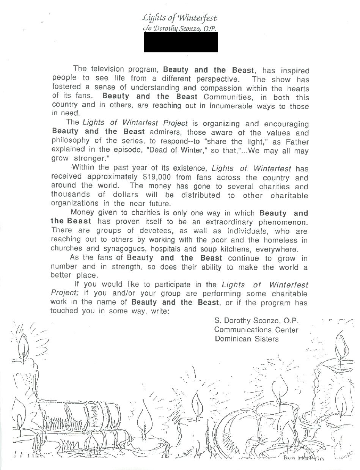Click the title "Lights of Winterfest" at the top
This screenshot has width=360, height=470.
pyautogui.click(x=180, y=17)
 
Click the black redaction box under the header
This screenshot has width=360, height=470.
pyautogui.click(x=181, y=42)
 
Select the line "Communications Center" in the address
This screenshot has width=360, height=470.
pyautogui.click(x=256, y=330)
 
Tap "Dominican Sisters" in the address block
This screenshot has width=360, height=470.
pyautogui.click(x=247, y=339)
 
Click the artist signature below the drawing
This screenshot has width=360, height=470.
pyautogui.click(x=303, y=459)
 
